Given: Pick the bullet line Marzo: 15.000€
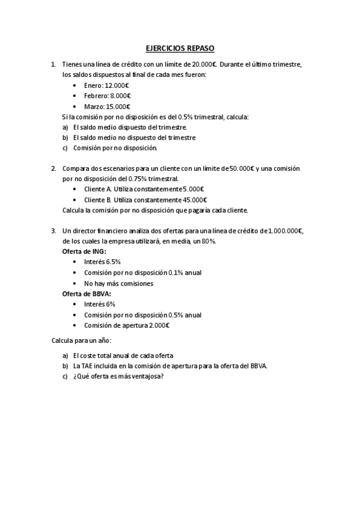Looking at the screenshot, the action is coord(108,106).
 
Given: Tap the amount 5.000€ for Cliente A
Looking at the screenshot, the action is coord(193,189).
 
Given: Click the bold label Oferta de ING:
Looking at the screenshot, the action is coord(84,251).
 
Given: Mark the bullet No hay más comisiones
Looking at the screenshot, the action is coord(118,283).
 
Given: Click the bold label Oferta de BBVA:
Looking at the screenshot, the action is coord(87,293).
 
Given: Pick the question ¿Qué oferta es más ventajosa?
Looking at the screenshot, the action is coord(118,376).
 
